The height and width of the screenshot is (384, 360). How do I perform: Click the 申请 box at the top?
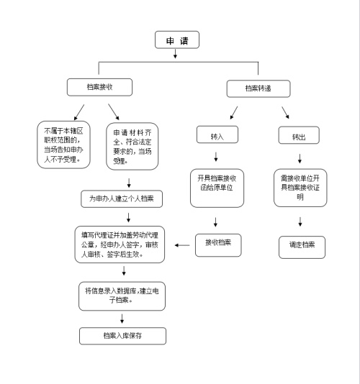coord(176,40)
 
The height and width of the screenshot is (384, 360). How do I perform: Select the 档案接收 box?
coord(99,87)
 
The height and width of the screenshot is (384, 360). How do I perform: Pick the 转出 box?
coord(298,135)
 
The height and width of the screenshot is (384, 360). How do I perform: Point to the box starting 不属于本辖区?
coord(63,145)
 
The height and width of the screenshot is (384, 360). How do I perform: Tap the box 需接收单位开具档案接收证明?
coord(300,186)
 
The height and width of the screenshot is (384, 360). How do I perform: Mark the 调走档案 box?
coord(302,246)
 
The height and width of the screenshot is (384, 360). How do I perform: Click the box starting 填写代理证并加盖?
coord(120,244)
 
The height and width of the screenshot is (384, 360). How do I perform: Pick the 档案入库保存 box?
coord(123,335)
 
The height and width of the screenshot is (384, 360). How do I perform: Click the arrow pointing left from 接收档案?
coord(183,246)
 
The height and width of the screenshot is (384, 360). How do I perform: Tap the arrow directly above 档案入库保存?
coord(123,319)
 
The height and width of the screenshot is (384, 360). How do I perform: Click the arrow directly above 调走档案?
coord(301,221)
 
